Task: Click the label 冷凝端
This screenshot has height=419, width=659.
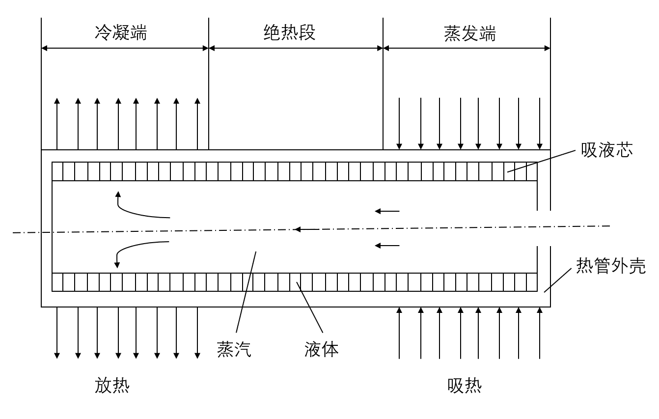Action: [x=121, y=32]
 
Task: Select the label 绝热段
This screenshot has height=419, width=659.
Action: [x=290, y=32]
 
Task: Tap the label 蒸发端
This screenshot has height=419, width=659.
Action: [x=470, y=33]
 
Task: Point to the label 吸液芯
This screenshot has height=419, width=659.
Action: [x=606, y=150]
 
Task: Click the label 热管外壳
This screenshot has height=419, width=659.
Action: [x=611, y=266]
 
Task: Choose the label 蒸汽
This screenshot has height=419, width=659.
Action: [x=234, y=350]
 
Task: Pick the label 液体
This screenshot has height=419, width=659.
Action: [x=321, y=350]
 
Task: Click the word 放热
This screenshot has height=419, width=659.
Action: [x=112, y=386]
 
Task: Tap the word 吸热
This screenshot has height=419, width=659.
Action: [x=465, y=386]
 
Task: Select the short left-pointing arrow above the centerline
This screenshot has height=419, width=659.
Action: [x=387, y=211]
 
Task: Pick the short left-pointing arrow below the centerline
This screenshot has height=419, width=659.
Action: [x=387, y=246]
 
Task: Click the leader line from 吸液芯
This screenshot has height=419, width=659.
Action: [x=541, y=161]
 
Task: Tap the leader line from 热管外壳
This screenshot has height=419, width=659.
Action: [x=558, y=280]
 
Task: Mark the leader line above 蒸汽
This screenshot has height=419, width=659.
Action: [x=246, y=292]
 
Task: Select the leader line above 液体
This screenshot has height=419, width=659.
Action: [x=309, y=307]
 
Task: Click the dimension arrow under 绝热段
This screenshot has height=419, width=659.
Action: [x=296, y=48]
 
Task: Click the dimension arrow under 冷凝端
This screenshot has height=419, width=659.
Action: [x=125, y=48]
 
